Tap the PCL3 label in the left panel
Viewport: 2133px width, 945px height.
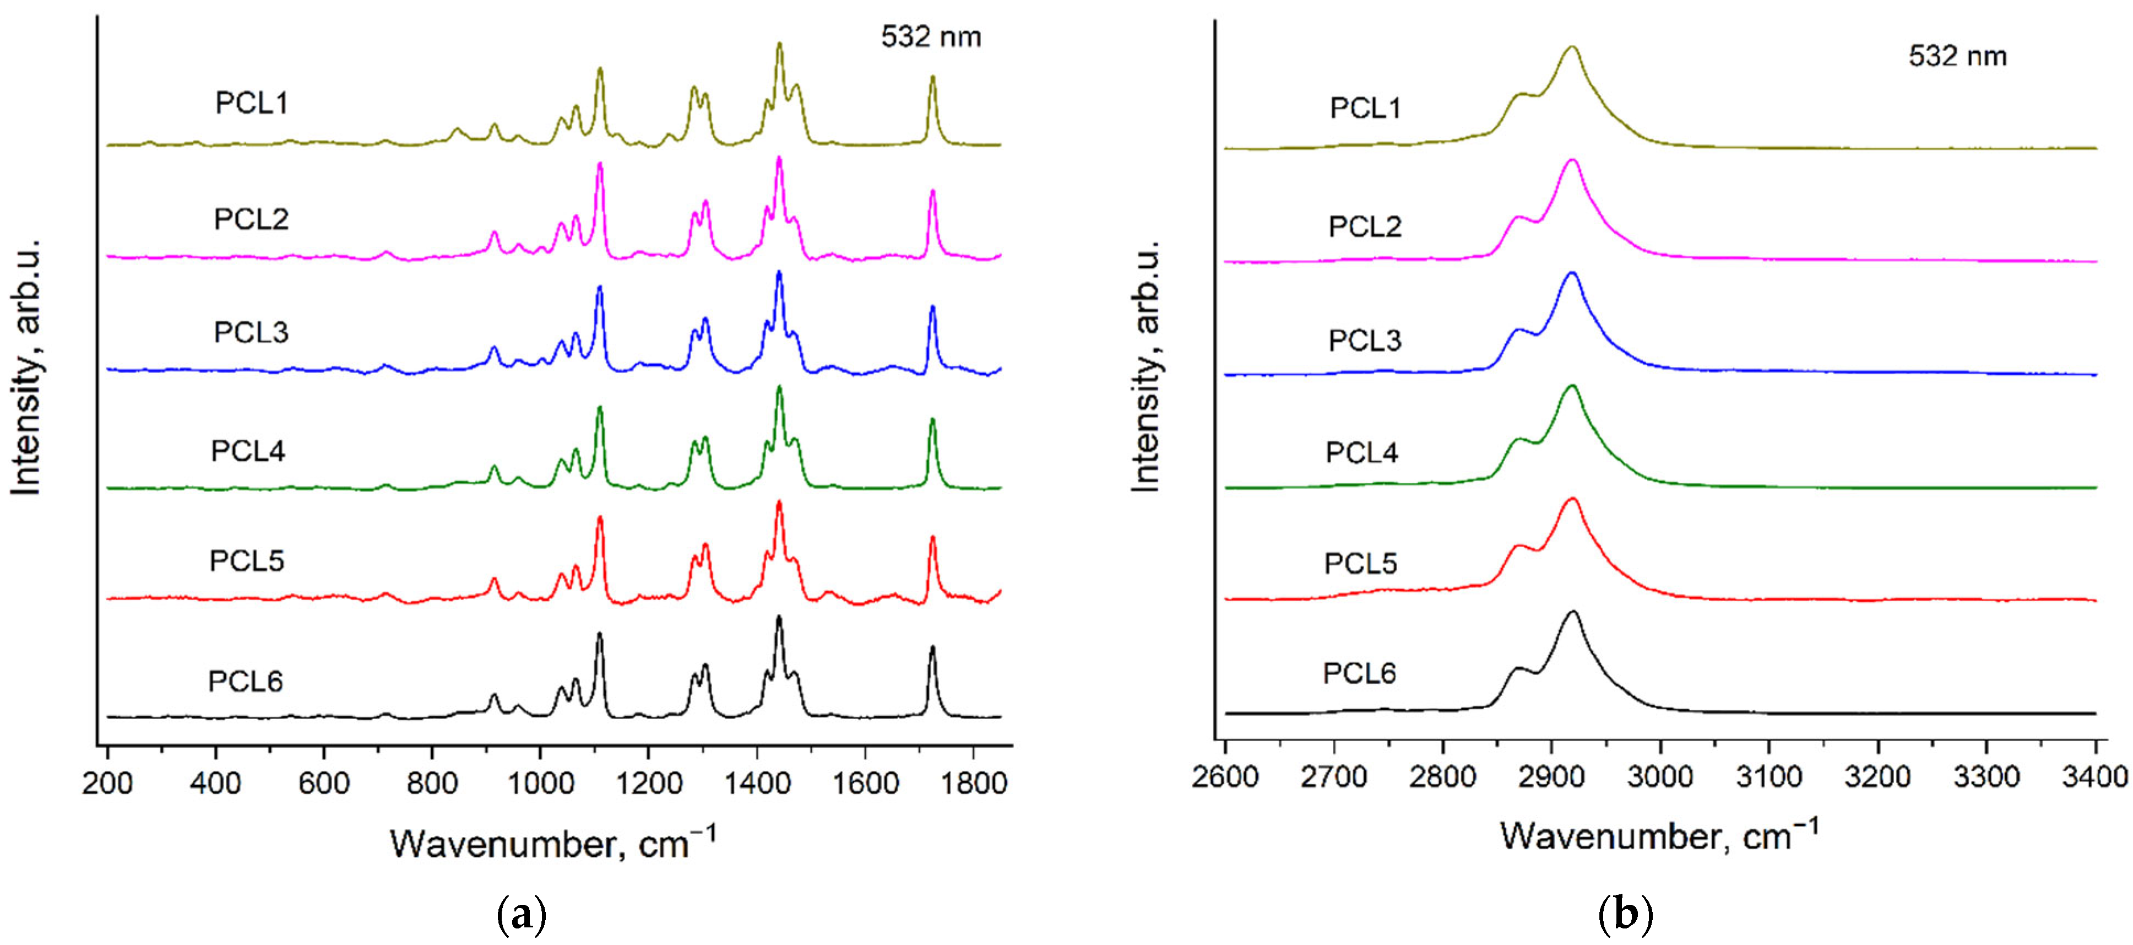pyautogui.click(x=251, y=332)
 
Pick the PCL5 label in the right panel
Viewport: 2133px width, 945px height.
pyautogui.click(x=1360, y=563)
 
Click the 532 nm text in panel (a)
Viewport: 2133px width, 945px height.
pyautogui.click(x=931, y=37)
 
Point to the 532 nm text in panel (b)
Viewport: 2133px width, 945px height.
pyautogui.click(x=1957, y=56)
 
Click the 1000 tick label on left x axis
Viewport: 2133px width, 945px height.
pyautogui.click(x=540, y=782)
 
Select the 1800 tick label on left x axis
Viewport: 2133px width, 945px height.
pyautogui.click(x=973, y=782)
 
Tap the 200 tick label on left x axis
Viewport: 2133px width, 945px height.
pyautogui.click(x=107, y=782)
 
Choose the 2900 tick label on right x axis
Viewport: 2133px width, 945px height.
pyautogui.click(x=1552, y=777)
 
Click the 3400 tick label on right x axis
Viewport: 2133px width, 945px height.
pyautogui.click(x=2095, y=777)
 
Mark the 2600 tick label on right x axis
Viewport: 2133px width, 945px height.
pyautogui.click(x=1225, y=777)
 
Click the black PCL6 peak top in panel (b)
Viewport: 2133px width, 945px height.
pyautogui.click(x=1572, y=613)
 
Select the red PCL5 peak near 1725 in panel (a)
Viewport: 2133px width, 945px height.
pyautogui.click(x=932, y=539)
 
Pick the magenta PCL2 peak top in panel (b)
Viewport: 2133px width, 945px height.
pyautogui.click(x=1572, y=161)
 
